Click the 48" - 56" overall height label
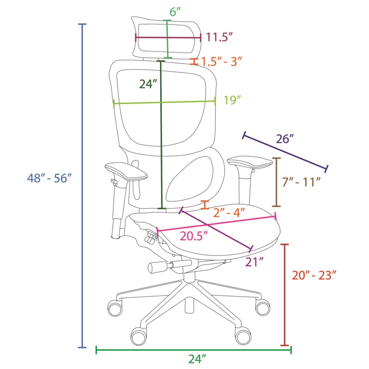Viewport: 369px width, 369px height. (49, 178)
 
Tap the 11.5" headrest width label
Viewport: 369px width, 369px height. (220, 37)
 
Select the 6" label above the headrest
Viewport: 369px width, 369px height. (175, 12)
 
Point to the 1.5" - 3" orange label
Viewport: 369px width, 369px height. (221, 62)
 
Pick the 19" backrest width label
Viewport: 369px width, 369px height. (232, 100)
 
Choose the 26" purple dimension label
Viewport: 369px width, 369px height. (285, 139)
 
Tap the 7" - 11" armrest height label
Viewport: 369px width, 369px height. (302, 182)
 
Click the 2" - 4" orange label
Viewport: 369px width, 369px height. (229, 213)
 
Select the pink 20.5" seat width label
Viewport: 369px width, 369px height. (194, 236)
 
